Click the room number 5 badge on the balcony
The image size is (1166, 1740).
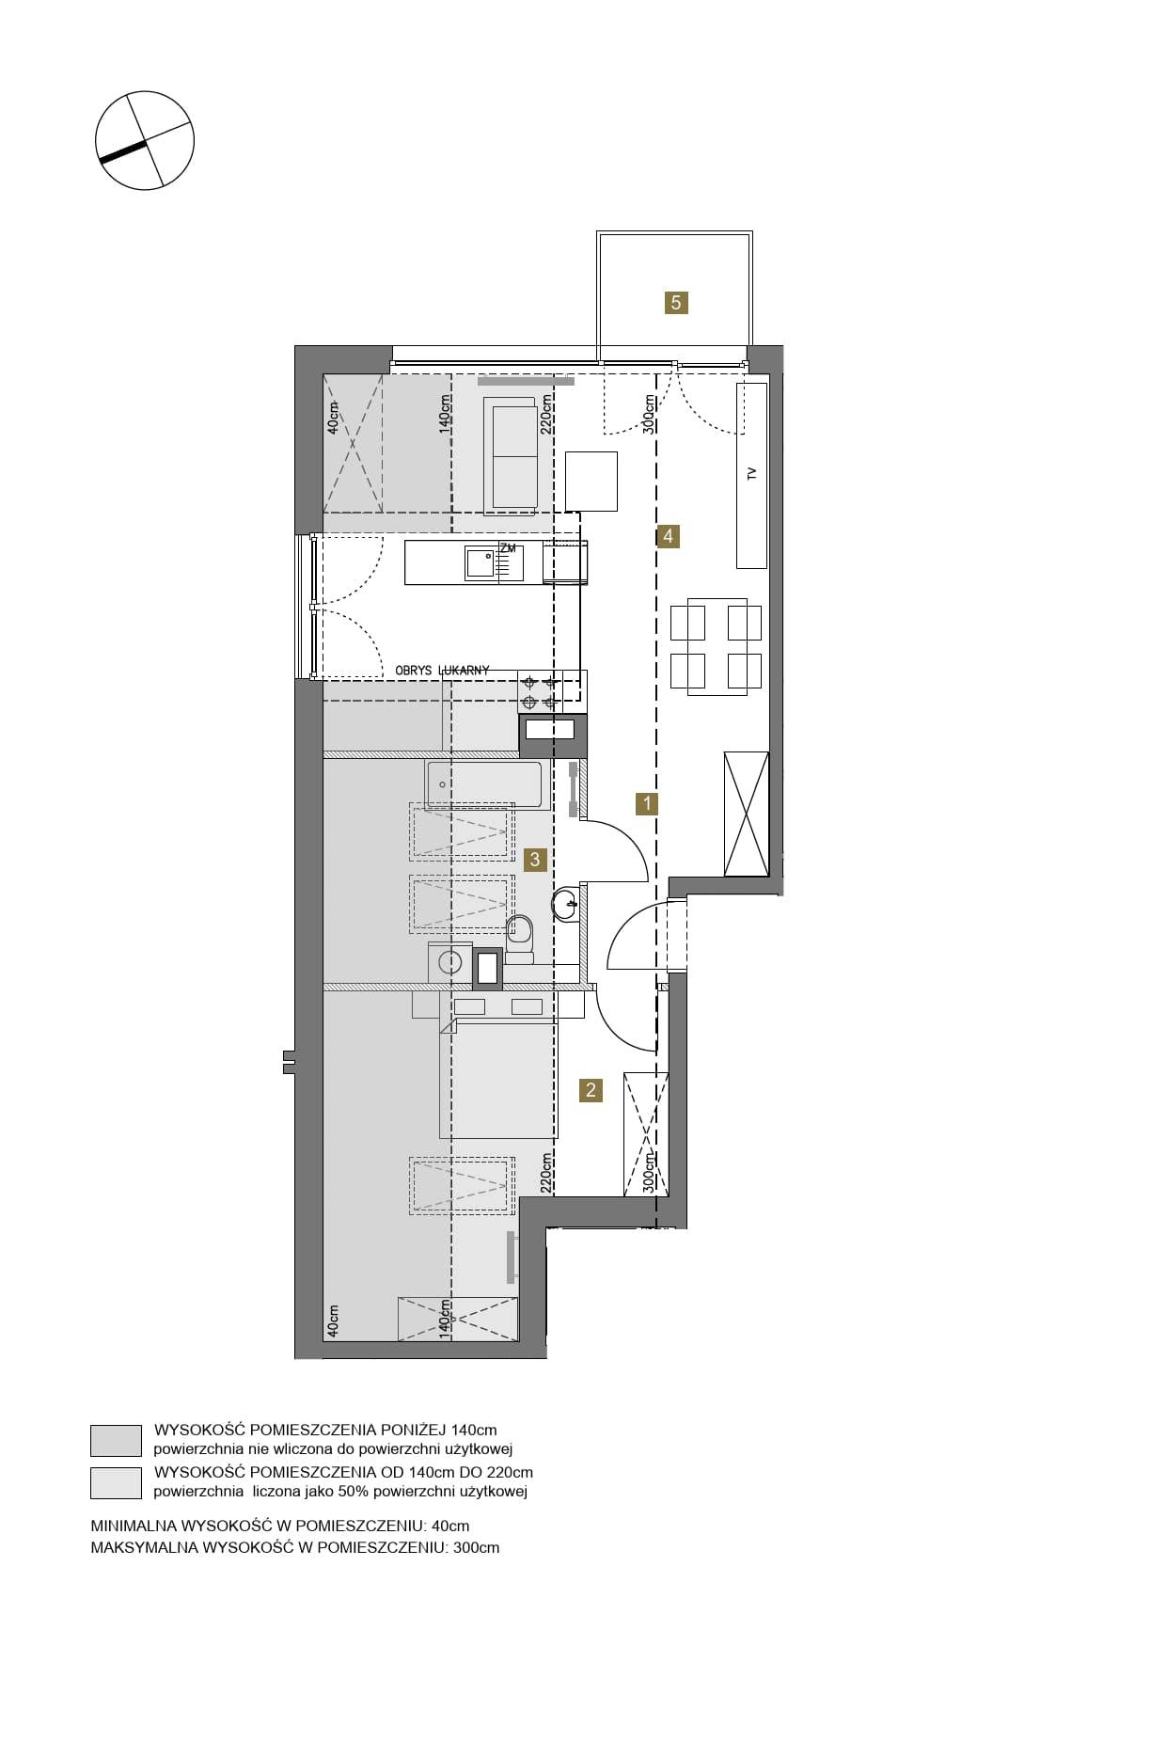tap(675, 303)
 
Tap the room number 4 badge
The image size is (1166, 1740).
tap(668, 536)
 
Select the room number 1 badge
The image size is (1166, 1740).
tap(646, 803)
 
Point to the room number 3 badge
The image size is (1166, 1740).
tap(535, 859)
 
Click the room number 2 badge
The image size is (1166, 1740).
tap(591, 1090)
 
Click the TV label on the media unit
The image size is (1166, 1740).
tap(751, 474)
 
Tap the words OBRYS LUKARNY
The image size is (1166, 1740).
tap(443, 670)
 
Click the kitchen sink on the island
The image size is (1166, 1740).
tap(481, 563)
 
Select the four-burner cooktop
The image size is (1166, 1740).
tap(540, 692)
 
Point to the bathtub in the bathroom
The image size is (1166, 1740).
tap(487, 785)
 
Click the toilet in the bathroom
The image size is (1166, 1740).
tap(519, 940)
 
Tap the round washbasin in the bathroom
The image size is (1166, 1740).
tap(567, 904)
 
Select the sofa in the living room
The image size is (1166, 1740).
tap(512, 456)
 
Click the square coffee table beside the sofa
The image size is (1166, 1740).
tap(591, 481)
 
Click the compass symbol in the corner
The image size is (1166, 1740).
tap(145, 141)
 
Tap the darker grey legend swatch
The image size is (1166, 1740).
tap(116, 1440)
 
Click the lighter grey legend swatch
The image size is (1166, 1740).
tap(116, 1482)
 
